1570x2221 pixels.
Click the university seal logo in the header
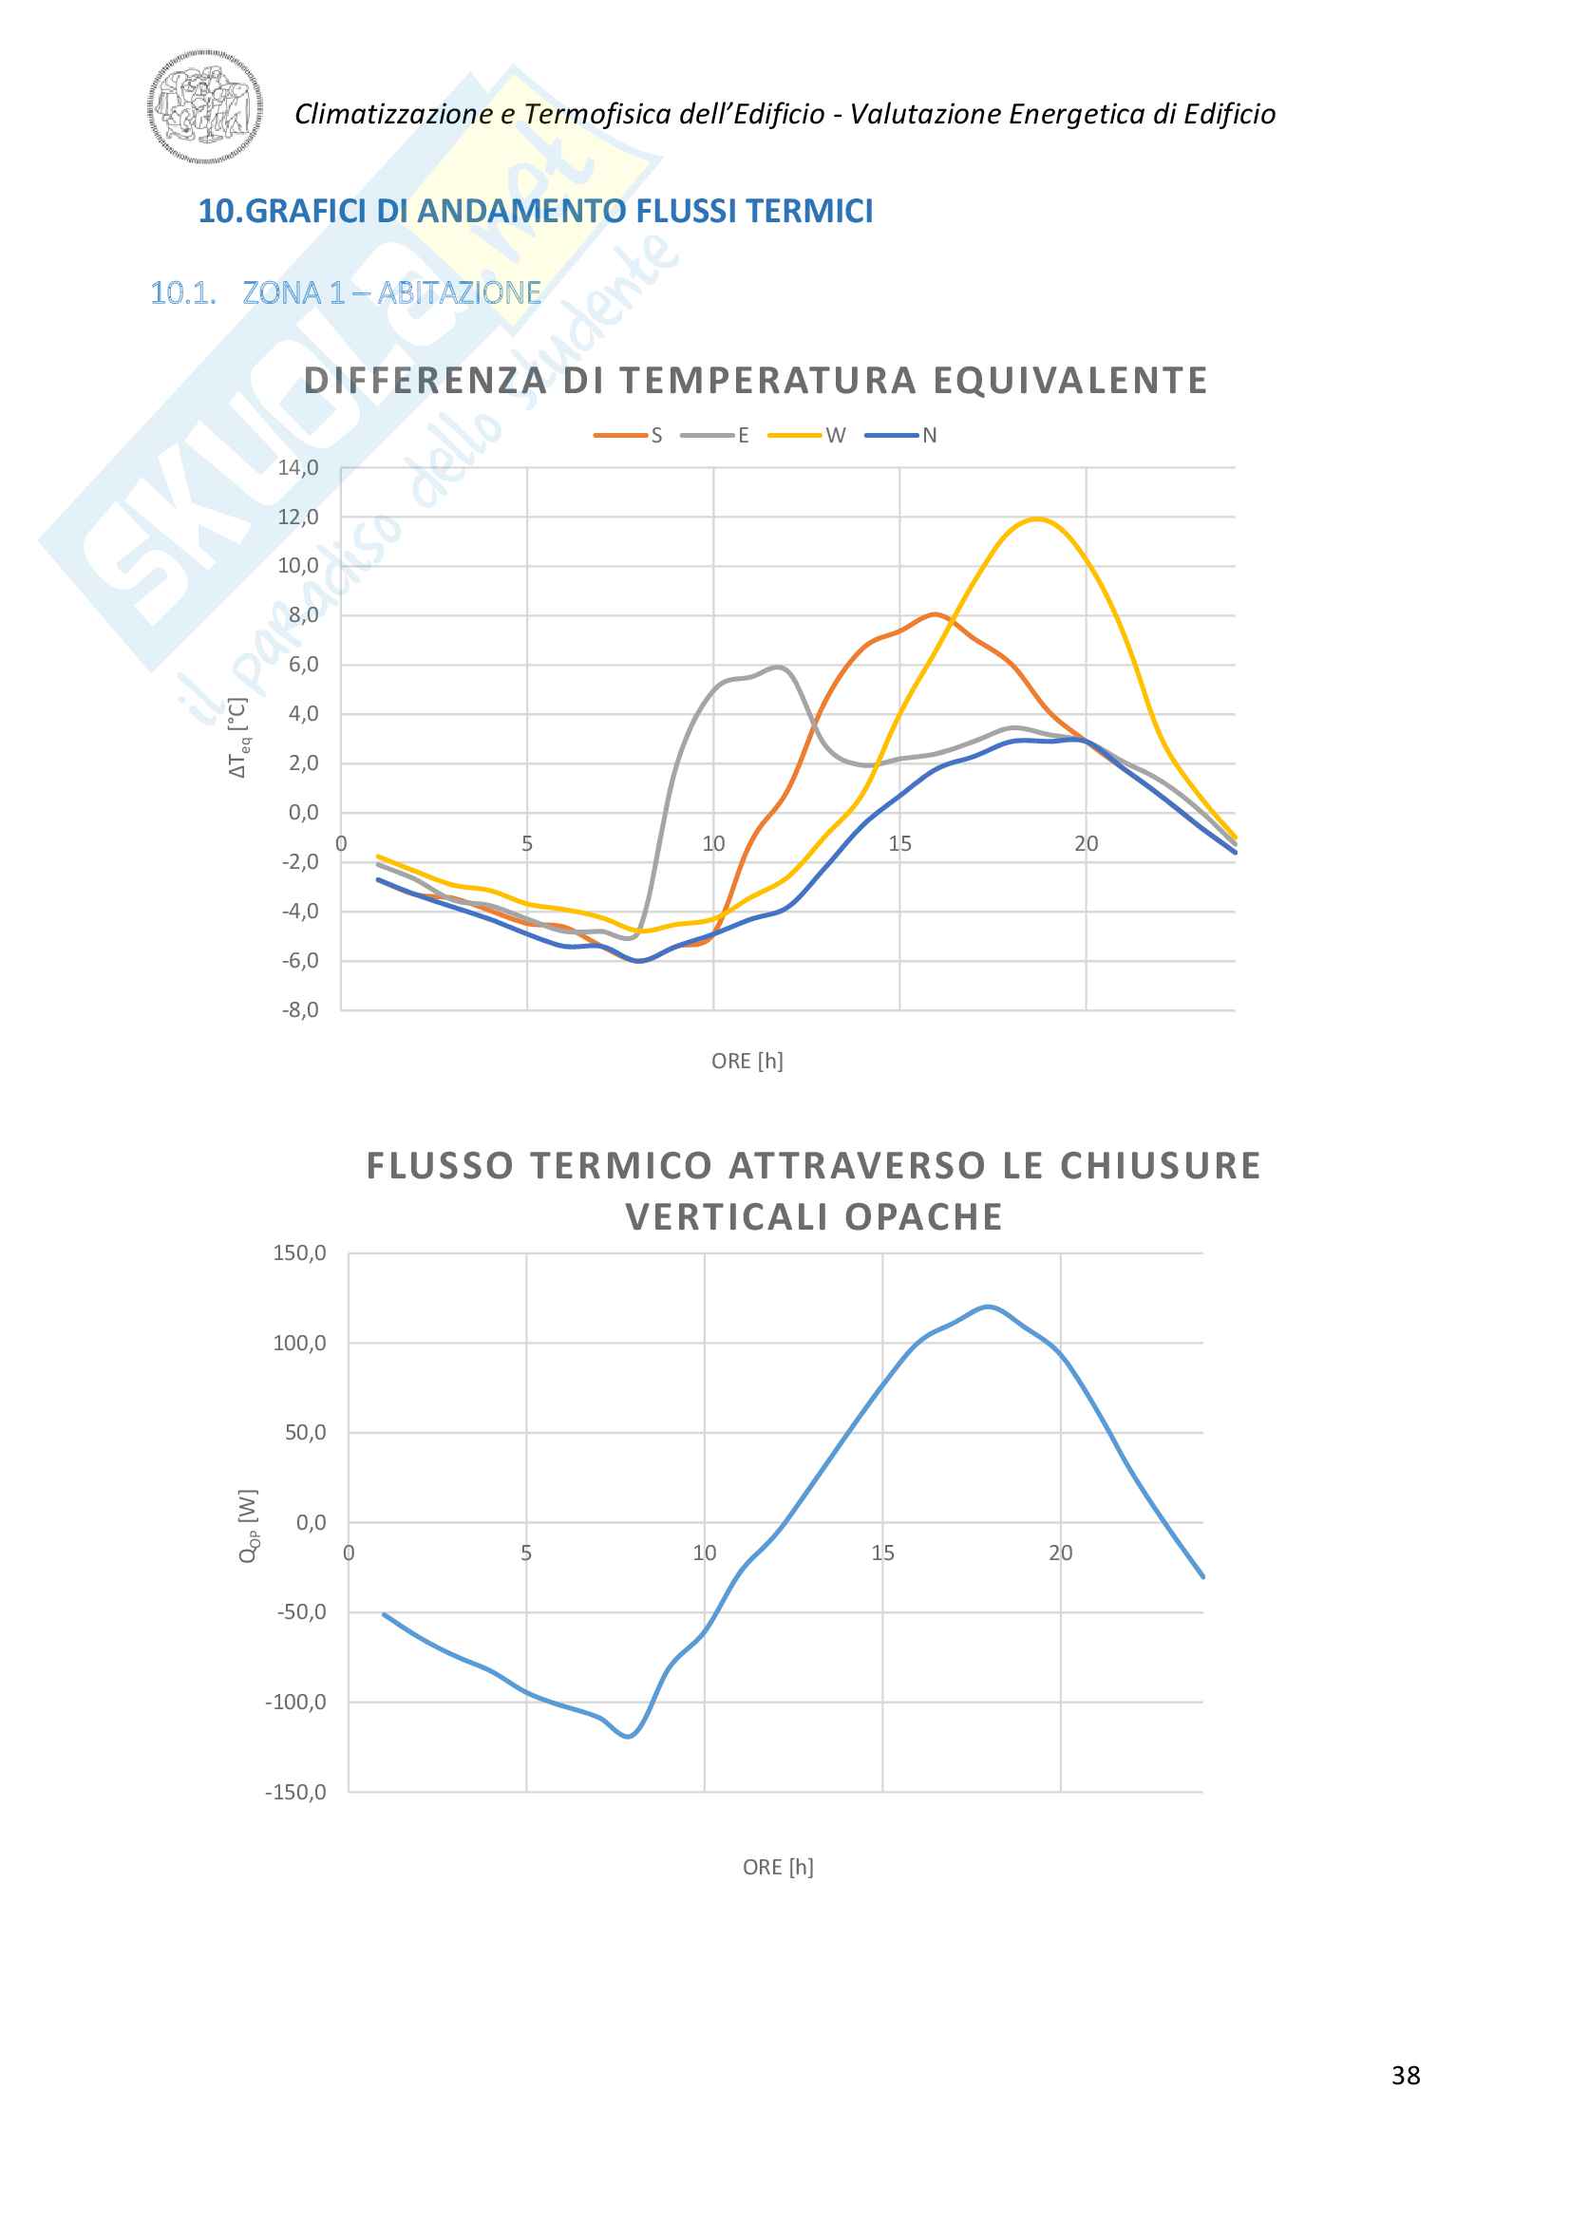205,106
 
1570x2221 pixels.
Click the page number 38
1406,2075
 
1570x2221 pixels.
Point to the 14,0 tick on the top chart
298,468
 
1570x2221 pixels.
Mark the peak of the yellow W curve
1037,518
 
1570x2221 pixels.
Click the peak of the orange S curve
935,613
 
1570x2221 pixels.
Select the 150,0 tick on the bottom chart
300,1253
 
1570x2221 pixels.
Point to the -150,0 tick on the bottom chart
296,1792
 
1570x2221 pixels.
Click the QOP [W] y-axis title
248,1526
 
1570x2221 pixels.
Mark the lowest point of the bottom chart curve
629,1736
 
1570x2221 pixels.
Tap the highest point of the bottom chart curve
988,1307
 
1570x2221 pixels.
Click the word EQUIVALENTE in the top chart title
1069,380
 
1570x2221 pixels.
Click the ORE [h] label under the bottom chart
778,1867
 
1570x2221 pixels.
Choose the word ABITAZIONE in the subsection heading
459,292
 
